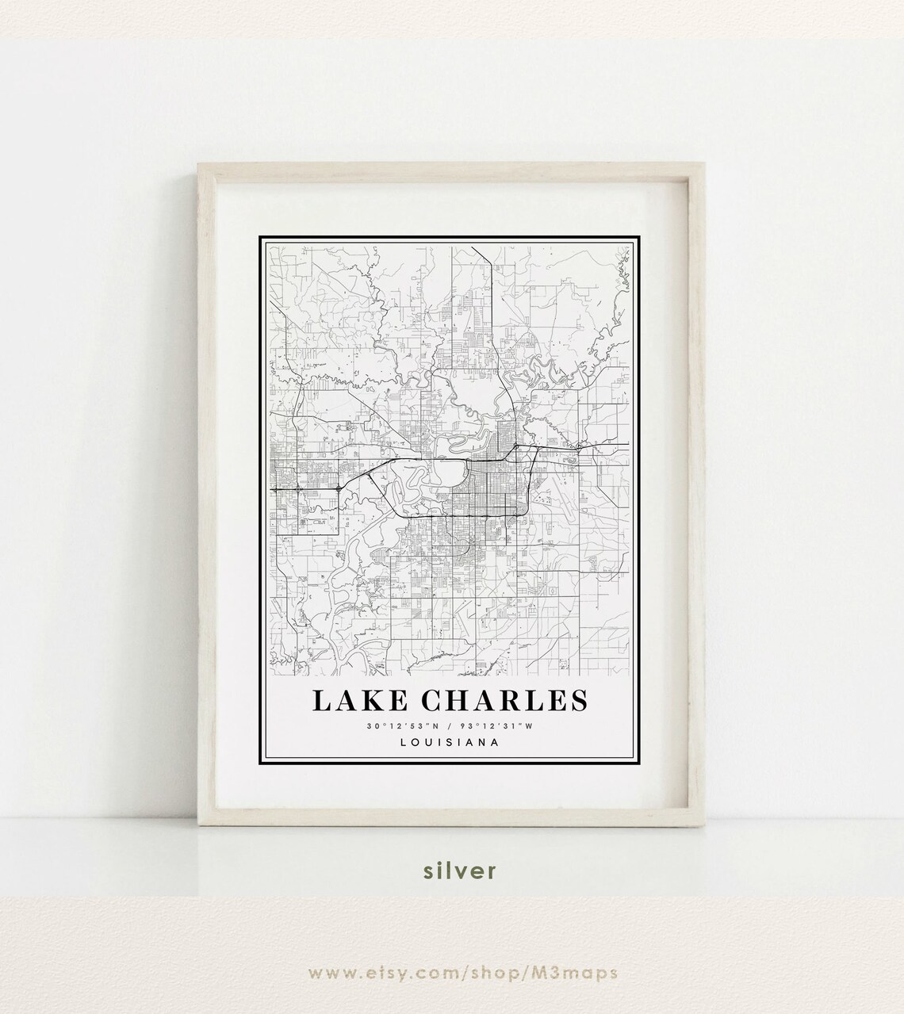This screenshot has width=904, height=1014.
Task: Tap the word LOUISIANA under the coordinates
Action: click(x=450, y=743)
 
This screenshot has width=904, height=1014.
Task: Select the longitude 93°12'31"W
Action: click(x=499, y=726)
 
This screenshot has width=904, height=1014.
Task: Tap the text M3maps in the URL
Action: click(x=577, y=973)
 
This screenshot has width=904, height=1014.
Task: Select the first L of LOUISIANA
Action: click(x=404, y=743)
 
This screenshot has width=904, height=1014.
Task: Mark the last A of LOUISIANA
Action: click(x=494, y=743)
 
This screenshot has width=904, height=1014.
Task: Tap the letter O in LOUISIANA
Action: click(x=416, y=743)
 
